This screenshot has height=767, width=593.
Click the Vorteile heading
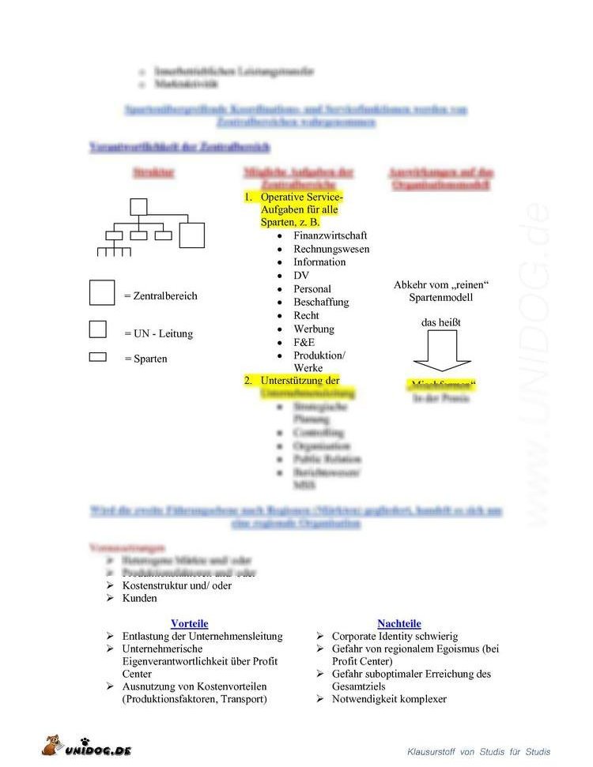189,623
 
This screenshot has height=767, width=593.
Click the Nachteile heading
398,623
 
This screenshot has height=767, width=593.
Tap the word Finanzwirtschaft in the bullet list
330,235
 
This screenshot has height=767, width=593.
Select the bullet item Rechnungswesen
331,249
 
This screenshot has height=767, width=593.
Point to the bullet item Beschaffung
320,302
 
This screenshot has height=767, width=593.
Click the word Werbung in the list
313,329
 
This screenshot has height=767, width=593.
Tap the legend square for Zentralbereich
102,292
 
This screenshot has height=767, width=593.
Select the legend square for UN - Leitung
97,329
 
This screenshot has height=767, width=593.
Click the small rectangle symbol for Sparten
97,357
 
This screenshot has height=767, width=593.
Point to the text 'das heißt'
440,322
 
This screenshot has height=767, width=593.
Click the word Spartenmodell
440,298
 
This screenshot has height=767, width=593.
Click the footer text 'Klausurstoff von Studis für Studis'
478,751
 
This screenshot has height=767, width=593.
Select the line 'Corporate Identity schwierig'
394,636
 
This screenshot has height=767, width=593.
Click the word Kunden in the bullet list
139,598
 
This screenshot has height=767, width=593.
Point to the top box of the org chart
139,207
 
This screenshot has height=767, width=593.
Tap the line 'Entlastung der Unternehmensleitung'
202,636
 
